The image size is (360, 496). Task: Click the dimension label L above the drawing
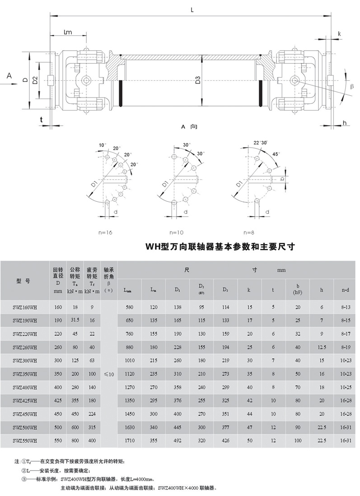pos(192,9)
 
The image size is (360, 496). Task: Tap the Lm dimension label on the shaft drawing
pos(68,32)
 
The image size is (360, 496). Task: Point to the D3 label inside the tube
pos(197,81)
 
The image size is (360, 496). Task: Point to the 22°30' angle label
pos(260,143)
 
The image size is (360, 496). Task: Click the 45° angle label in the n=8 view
pos(276,154)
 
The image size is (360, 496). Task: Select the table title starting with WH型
pos(220,247)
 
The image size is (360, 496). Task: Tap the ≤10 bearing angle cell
pos(108,375)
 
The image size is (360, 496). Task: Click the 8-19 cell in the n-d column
pos(345,348)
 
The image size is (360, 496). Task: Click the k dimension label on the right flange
pos(339,34)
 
